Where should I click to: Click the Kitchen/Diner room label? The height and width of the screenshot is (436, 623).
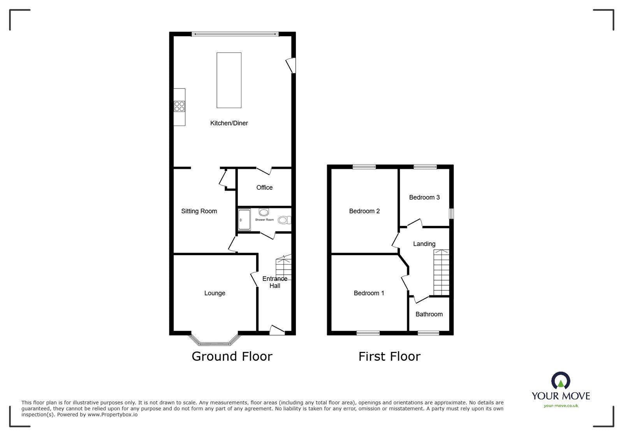click(x=229, y=123)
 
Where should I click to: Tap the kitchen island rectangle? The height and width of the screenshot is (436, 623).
click(x=229, y=80)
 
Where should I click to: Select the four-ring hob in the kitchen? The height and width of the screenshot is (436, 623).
click(x=180, y=106)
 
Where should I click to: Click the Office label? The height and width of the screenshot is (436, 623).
click(x=264, y=187)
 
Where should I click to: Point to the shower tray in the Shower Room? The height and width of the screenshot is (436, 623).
click(x=244, y=220)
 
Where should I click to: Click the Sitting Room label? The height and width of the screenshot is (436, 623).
click(x=199, y=211)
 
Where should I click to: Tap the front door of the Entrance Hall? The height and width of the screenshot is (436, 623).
click(x=277, y=331)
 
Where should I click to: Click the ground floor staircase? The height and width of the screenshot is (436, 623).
click(x=283, y=269)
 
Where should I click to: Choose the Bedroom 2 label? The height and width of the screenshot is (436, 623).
click(x=364, y=211)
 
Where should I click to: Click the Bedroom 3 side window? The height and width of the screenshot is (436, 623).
click(x=451, y=214)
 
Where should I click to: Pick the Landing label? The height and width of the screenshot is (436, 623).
click(x=424, y=244)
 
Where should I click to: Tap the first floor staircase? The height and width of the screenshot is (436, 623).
click(x=442, y=273)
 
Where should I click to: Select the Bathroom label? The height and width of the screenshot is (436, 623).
click(x=429, y=314)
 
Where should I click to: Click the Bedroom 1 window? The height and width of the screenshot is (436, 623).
click(x=368, y=333)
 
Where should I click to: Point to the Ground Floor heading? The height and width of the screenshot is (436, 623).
click(x=232, y=356)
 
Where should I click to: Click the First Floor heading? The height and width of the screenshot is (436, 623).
click(x=389, y=356)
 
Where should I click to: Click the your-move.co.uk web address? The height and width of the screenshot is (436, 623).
click(x=561, y=406)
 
